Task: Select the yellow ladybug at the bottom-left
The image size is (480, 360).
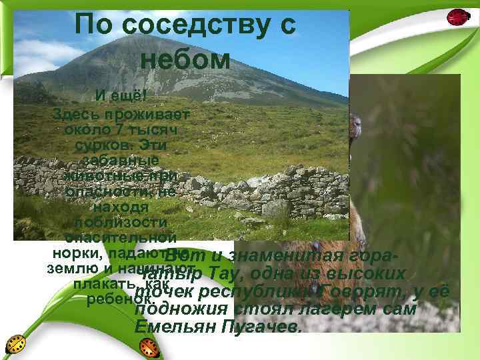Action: pyautogui.click(x=16, y=345)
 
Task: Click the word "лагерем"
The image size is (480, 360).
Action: pyautogui.click(x=336, y=311)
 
